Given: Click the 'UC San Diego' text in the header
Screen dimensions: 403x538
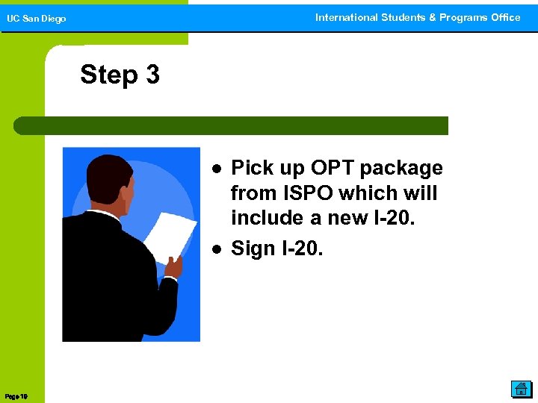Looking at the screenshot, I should pos(37,19).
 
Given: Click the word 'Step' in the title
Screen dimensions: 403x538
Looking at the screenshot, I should pos(109,75).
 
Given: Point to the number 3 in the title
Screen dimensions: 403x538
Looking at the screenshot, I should pos(152,75).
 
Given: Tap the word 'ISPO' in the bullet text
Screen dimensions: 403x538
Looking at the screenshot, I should pos(306,193).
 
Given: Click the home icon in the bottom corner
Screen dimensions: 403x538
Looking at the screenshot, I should pos(520,388).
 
